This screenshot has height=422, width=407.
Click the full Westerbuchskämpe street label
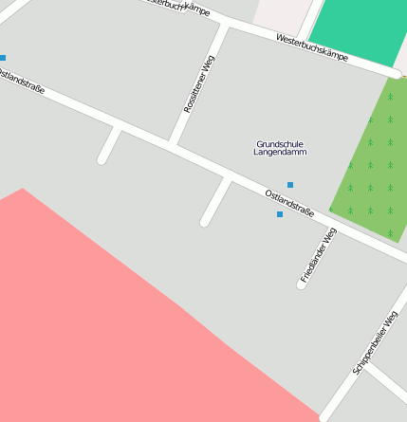[x=311, y=47]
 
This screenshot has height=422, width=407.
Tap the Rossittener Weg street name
[x=200, y=85]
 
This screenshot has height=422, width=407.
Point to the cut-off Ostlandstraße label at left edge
[x=21, y=83]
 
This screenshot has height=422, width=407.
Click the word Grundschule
[x=280, y=144]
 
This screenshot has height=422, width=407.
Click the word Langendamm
[x=281, y=153]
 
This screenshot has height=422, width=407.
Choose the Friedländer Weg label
[x=318, y=256]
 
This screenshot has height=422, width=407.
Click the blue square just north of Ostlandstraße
[x=290, y=184]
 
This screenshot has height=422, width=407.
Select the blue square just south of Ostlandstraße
[x=280, y=214]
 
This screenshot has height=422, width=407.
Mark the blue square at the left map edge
[x=3, y=58]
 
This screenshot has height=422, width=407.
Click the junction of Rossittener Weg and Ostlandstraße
[x=174, y=143]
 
